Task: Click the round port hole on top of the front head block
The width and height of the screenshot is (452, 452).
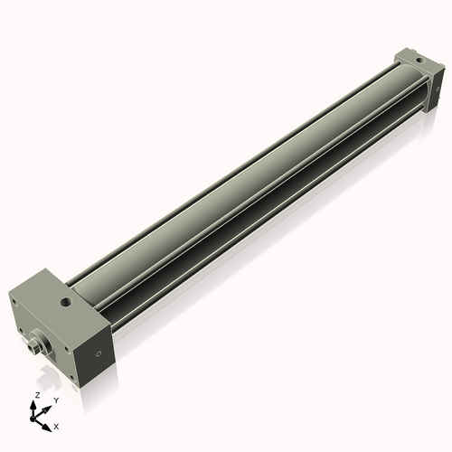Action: pyautogui.click(x=65, y=297)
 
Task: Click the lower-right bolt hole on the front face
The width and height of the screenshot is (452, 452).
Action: pyautogui.click(x=71, y=377)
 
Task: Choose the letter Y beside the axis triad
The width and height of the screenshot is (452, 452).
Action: pyautogui.click(x=56, y=400)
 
